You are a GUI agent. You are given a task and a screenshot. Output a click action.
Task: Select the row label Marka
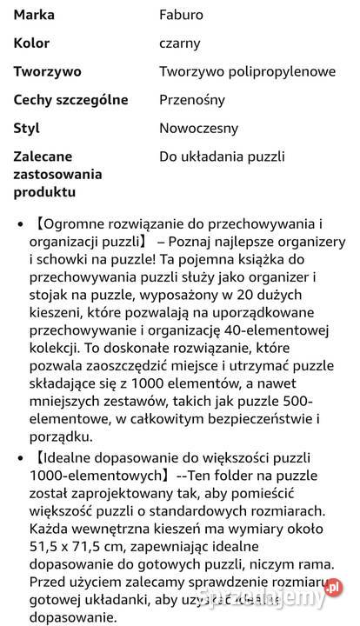click(x=33, y=15)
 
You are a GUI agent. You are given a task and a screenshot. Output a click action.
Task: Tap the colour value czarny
click(x=180, y=43)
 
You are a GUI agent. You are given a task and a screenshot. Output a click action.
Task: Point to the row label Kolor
click(x=31, y=43)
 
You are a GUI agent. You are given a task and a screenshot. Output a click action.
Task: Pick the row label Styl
click(x=27, y=128)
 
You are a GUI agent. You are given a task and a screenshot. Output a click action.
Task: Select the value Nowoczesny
click(x=198, y=128)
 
